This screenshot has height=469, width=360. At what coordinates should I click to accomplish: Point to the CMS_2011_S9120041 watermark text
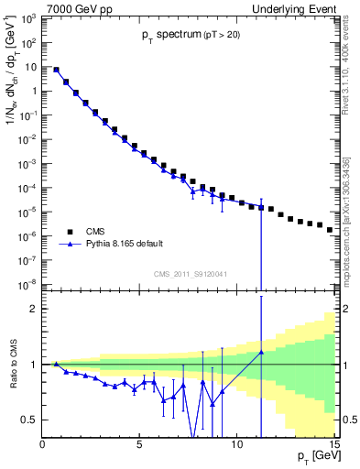(191, 273)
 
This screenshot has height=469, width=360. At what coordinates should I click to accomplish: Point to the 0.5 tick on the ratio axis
(31, 420)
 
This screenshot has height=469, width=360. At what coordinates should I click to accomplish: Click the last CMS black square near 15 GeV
(330, 230)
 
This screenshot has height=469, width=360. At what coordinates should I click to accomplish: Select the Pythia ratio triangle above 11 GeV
(261, 352)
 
